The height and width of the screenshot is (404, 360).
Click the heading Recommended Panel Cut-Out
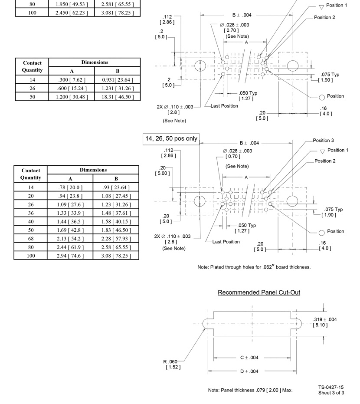[x=259, y=292]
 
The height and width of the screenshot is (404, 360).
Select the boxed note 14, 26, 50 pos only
[x=171, y=139]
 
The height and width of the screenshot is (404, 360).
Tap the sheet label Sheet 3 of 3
[x=331, y=393]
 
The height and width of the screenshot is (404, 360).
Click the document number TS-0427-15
[x=331, y=388]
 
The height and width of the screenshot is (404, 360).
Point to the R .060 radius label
[x=170, y=362]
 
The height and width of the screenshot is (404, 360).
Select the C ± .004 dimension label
[x=249, y=358]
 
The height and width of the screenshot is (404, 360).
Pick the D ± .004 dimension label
[x=249, y=371]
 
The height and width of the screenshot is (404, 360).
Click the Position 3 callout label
[x=324, y=141]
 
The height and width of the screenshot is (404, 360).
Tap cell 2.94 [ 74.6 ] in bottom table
[x=70, y=256]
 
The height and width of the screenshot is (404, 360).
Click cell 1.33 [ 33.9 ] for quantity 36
[x=70, y=213]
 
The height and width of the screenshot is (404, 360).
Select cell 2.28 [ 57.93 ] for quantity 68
[x=116, y=238]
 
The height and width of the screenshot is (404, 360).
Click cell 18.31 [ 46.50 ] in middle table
[x=118, y=97]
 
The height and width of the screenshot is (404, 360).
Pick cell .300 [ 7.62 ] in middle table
[x=72, y=80]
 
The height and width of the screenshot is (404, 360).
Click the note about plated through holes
[x=254, y=267]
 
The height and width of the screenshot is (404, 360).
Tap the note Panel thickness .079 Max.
[x=250, y=390]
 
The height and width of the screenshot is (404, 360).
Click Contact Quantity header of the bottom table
[x=31, y=174]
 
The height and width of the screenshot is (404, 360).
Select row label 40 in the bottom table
[x=31, y=221]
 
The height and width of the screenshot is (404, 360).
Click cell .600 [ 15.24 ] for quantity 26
[x=72, y=88]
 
